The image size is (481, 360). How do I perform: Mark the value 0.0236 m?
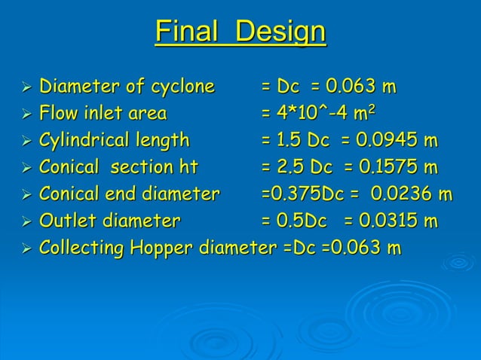(x=411, y=194)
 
